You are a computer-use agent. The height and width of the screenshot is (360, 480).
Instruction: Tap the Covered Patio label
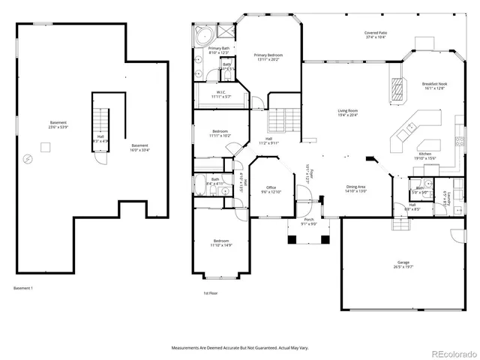376,33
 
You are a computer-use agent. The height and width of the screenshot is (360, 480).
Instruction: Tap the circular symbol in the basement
28,158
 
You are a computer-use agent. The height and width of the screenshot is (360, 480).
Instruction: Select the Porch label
309,221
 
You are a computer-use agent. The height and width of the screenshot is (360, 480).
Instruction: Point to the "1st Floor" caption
211,293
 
